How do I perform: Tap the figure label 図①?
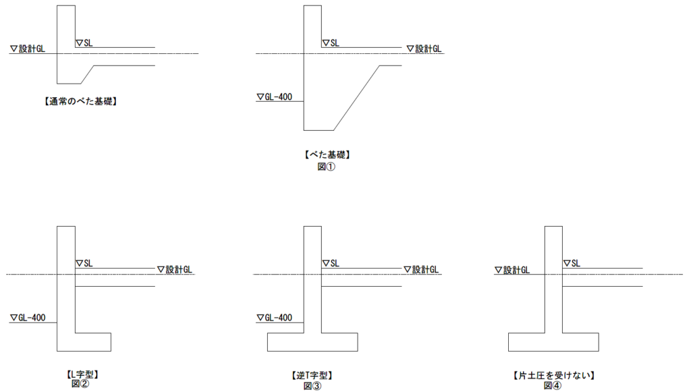pyautogui.click(x=326, y=167)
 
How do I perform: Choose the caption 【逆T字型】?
pyautogui.click(x=312, y=375)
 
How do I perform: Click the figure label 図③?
pyautogui.click(x=312, y=385)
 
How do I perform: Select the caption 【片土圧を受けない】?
pyautogui.click(x=552, y=374)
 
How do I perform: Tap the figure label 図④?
pyautogui.click(x=552, y=385)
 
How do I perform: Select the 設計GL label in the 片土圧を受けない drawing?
pyautogui.click(x=512, y=270)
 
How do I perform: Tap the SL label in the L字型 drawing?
pyautogui.click(x=84, y=263)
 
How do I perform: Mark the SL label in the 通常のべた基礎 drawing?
pyautogui.click(x=84, y=43)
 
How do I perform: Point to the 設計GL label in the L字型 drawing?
pyautogui.click(x=175, y=270)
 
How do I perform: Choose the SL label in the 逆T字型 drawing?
pyautogui.click(x=331, y=263)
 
